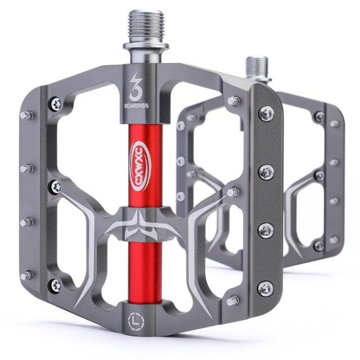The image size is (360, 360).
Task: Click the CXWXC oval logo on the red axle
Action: [x=140, y=159]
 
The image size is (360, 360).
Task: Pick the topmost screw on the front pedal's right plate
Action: [x=265, y=114]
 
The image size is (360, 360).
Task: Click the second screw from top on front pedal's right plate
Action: [x=266, y=172]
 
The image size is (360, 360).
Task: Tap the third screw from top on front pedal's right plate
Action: [x=265, y=230]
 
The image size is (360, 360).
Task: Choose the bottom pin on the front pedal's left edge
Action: [x=26, y=276]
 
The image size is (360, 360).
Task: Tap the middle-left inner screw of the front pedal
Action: [x=56, y=186]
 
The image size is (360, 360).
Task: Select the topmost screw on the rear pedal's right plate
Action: [x=319, y=117]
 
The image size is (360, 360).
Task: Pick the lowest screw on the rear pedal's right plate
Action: [x=318, y=245]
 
